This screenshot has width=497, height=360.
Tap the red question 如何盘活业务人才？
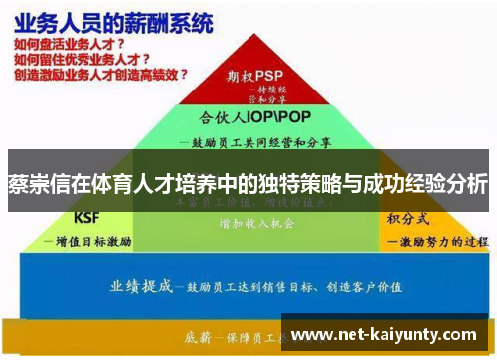tap(70, 45)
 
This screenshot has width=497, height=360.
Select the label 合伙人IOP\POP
tap(248, 115)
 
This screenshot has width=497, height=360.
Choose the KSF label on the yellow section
tap(88, 217)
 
